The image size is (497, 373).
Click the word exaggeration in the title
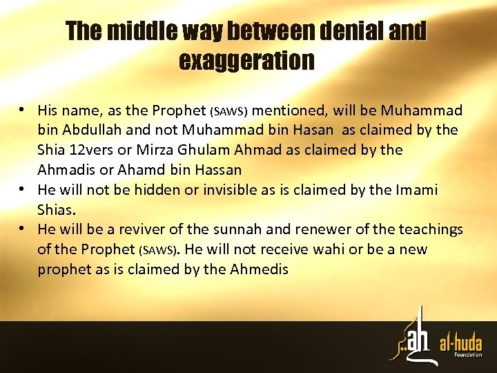(246, 61)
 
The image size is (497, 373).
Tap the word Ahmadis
(64, 169)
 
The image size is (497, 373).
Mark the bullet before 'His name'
(23, 111)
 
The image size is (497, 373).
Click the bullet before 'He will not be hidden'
(23, 190)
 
